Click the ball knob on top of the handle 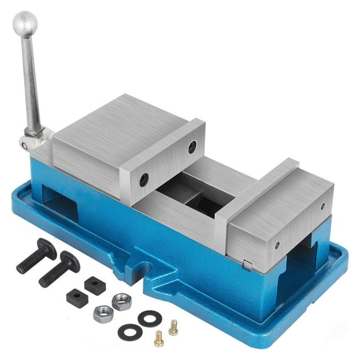[25, 23]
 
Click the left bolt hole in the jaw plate [144, 180]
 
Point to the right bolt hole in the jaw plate [192, 147]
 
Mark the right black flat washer [150, 319]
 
